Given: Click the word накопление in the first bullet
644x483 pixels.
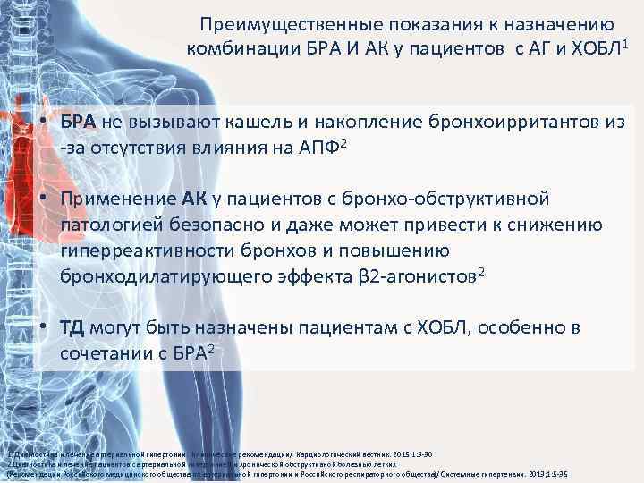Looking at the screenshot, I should click(x=332, y=123).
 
